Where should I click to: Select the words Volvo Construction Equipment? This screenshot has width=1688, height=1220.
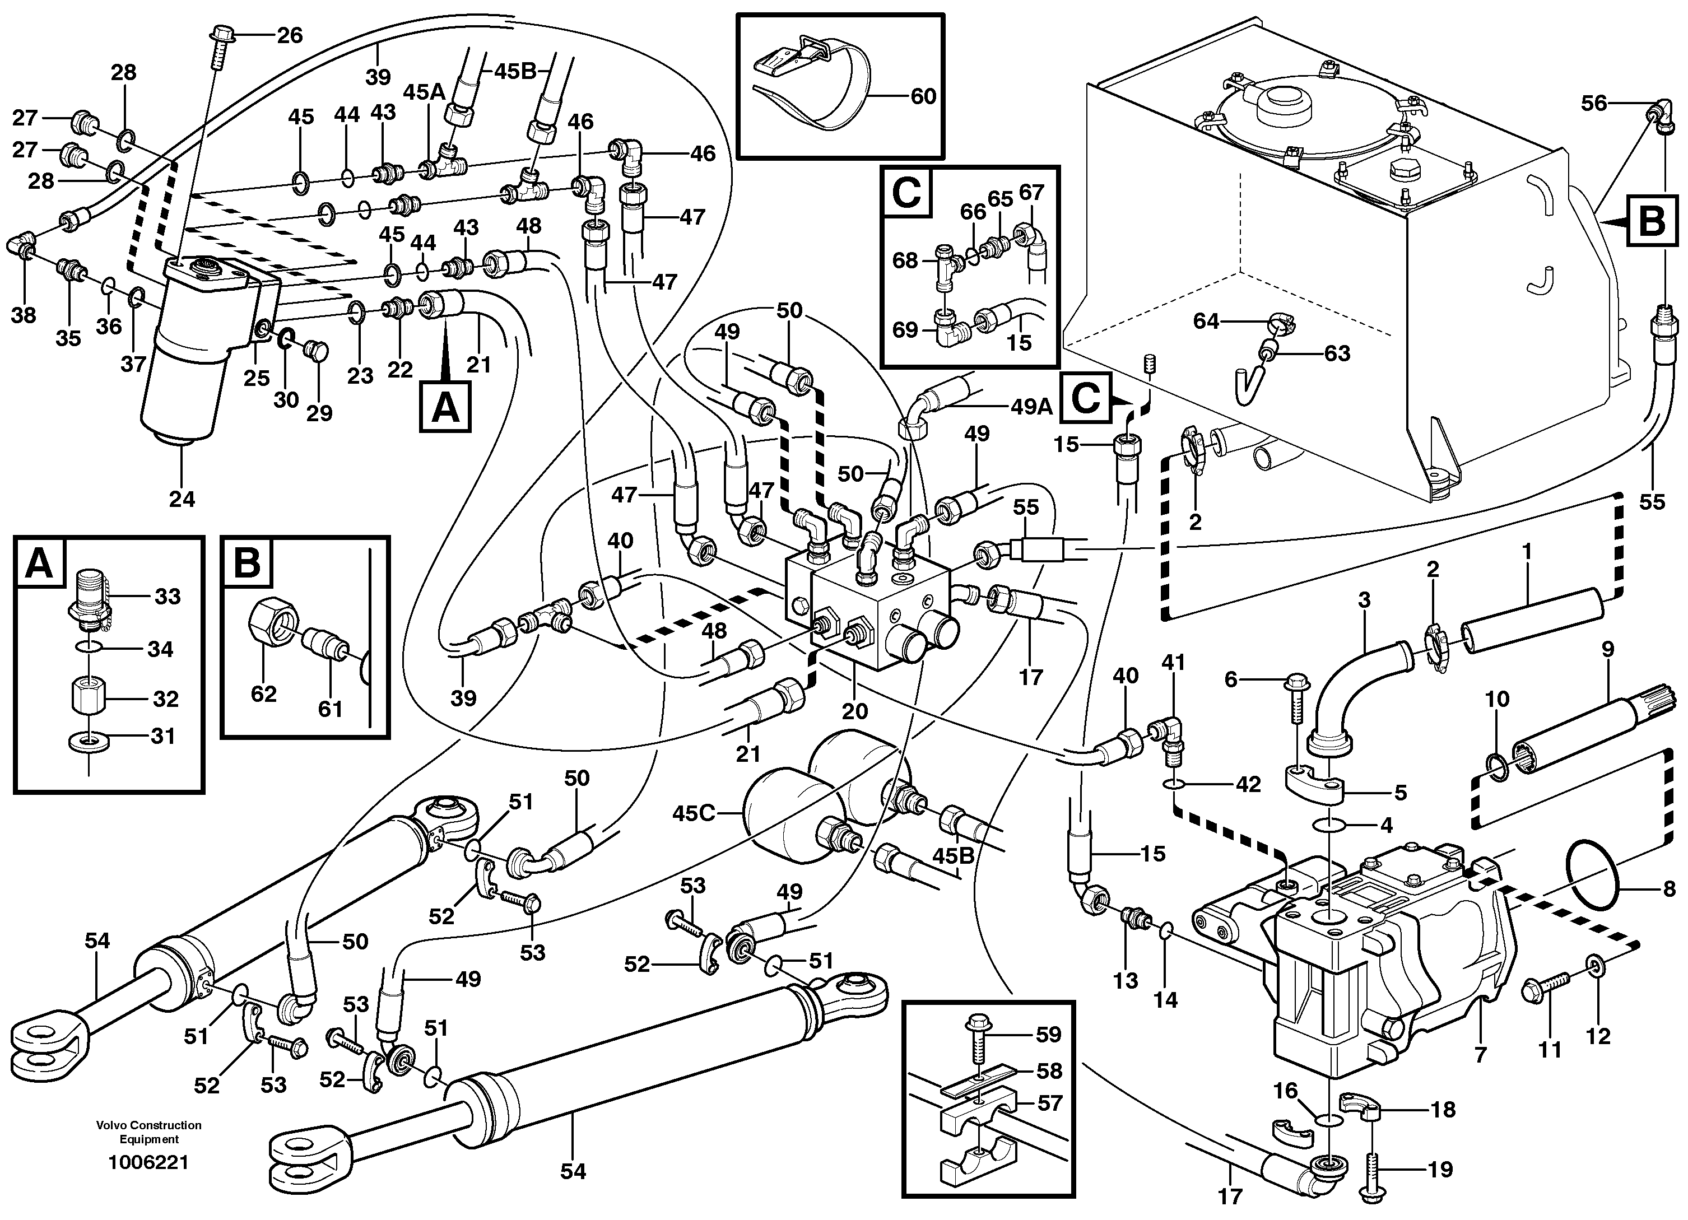coord(148,1132)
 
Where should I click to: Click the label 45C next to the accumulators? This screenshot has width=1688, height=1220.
coord(694,813)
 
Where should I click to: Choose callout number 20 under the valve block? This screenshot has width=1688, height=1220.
coord(854,711)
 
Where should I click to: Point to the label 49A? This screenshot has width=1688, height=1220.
coord(1031,407)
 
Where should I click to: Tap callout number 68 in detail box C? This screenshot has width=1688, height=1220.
coord(905,261)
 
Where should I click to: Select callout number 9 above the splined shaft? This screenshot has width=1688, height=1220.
coord(1608,650)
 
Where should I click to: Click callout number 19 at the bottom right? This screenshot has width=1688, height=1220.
coord(1440,1170)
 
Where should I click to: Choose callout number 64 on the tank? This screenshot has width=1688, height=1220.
coord(1206,321)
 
